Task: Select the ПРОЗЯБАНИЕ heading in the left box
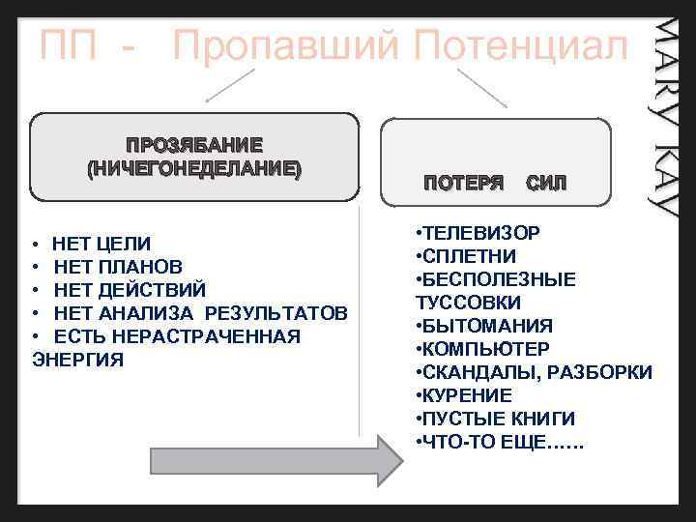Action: coord(194,146)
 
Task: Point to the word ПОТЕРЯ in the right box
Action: coord(464,183)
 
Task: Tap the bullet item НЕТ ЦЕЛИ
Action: coord(101,243)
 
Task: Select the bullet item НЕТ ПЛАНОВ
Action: coord(117,266)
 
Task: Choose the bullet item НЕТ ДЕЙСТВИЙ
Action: coord(130,289)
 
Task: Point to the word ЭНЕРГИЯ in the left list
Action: coord(78,360)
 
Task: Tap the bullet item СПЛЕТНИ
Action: coord(467,256)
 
